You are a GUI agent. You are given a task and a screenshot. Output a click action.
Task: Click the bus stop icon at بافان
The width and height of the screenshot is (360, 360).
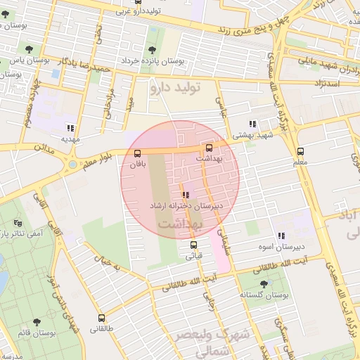coord(137,154)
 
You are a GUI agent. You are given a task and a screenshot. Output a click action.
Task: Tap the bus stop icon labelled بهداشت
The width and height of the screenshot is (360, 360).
coord(209,148)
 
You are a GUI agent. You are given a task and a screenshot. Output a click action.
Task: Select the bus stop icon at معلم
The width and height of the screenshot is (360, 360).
coord(300,151)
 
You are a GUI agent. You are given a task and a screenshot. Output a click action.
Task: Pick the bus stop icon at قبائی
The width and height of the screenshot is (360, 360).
coord(193,245)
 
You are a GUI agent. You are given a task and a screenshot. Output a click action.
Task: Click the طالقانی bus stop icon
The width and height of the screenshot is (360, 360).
coord(101,318)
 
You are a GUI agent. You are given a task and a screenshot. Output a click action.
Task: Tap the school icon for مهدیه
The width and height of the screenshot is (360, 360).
coord(70,128)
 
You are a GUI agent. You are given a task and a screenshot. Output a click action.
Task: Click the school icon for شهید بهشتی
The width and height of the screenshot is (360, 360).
coord(252,124)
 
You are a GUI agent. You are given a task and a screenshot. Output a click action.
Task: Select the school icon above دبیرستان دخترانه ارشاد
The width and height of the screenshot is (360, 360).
coord(185,195)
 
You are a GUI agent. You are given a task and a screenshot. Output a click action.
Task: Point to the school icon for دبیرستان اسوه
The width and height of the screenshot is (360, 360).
coord(281,236)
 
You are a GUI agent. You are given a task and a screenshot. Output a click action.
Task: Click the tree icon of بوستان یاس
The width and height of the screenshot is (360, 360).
coord(27,49)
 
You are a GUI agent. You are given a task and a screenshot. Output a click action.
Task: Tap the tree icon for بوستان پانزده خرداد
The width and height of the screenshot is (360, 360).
coord(152,49)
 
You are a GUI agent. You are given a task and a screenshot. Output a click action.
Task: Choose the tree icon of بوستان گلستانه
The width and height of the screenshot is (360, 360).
coord(264,284)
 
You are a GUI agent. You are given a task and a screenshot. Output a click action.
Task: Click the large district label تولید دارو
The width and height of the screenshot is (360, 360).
coord(176,88)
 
